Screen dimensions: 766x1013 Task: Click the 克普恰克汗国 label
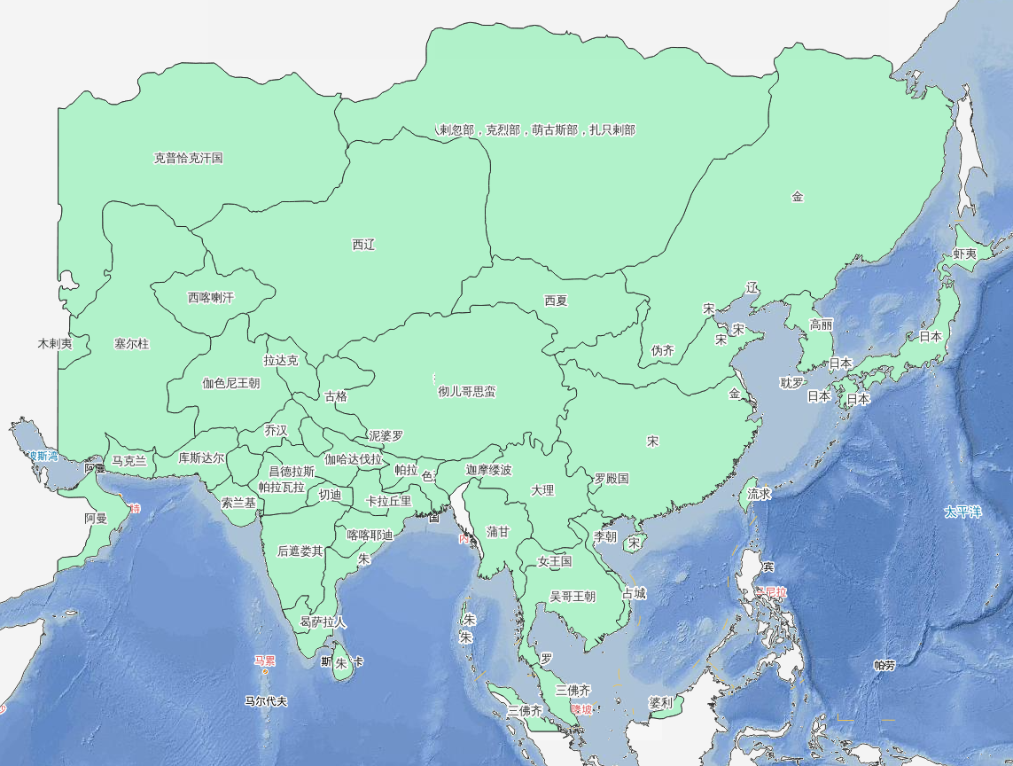pyautogui.click(x=188, y=159)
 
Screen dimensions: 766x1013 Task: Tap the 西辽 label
pyautogui.click(x=363, y=245)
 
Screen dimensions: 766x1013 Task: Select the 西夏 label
pyautogui.click(x=556, y=301)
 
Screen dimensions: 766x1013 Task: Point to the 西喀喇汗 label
pyautogui.click(x=211, y=298)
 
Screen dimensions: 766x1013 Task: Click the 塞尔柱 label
pyautogui.click(x=132, y=343)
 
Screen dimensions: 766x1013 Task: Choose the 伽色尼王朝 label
pyautogui.click(x=230, y=384)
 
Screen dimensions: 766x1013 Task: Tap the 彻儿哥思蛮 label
pyautogui.click(x=467, y=391)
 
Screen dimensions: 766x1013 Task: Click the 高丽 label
pyautogui.click(x=821, y=324)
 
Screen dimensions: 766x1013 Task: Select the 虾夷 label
pyautogui.click(x=964, y=254)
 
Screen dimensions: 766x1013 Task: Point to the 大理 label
pyautogui.click(x=542, y=490)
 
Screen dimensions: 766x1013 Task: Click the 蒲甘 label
pyautogui.click(x=498, y=532)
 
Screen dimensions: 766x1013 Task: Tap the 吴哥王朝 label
pyautogui.click(x=573, y=597)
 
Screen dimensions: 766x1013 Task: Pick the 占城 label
pyautogui.click(x=634, y=594)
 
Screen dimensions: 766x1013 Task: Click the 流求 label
pyautogui.click(x=759, y=494)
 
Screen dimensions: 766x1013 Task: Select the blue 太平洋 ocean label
pyautogui.click(x=963, y=512)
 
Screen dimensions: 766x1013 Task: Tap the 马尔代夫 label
pyautogui.click(x=266, y=701)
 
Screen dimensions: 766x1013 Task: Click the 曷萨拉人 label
pyautogui.click(x=323, y=622)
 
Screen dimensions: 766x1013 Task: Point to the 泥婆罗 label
pyautogui.click(x=386, y=436)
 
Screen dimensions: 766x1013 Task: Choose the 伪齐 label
pyautogui.click(x=663, y=351)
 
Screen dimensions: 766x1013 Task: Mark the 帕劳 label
pyautogui.click(x=884, y=665)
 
